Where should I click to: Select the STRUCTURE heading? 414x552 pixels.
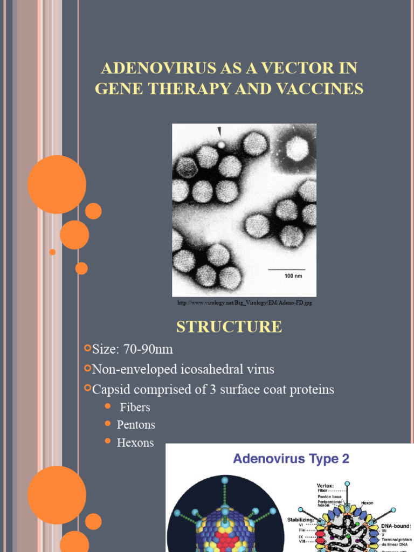tap(229, 327)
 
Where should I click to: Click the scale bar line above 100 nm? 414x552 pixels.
tap(287, 268)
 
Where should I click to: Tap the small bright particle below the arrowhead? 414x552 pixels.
tap(220, 144)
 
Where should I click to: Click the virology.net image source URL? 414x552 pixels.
tap(245, 303)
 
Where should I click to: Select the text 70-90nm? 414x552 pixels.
tap(148, 349)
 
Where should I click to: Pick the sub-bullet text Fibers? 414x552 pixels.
tap(135, 407)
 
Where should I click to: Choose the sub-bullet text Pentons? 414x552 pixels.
tap(136, 425)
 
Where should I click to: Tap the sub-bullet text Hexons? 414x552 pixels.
tap(135, 443)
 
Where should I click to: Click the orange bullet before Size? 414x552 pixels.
tap(87, 349)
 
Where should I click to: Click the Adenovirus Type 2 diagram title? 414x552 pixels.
tap(291, 459)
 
